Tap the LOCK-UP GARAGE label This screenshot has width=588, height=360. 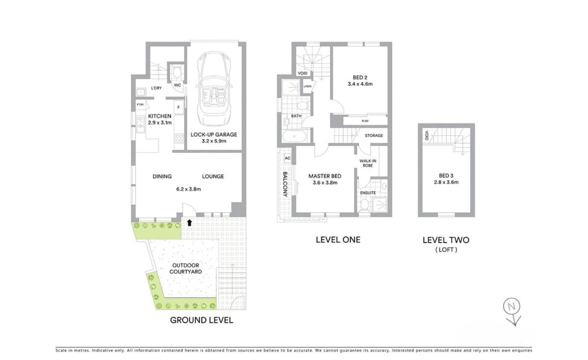click(213, 135)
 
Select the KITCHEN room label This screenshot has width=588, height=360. click(160, 116)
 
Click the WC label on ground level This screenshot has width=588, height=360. click(177, 85)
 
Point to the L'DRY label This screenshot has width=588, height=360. click(156, 88)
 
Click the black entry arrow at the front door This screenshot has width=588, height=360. click(189, 222)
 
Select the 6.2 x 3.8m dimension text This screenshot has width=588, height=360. click(189, 189)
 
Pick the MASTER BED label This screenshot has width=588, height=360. click(324, 176)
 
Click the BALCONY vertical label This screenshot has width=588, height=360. click(284, 184)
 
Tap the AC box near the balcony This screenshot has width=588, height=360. click(287, 158)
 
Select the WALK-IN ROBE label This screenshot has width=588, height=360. click(367, 163)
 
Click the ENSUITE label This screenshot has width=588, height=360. click(368, 193)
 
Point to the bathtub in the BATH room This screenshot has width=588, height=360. click(294, 136)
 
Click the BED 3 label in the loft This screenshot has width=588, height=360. click(445, 176)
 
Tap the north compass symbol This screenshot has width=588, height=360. click(512, 308)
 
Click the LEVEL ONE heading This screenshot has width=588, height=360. click(338, 240)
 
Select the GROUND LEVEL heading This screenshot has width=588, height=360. click(201, 320)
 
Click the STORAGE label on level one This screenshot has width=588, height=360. click(374, 136)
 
